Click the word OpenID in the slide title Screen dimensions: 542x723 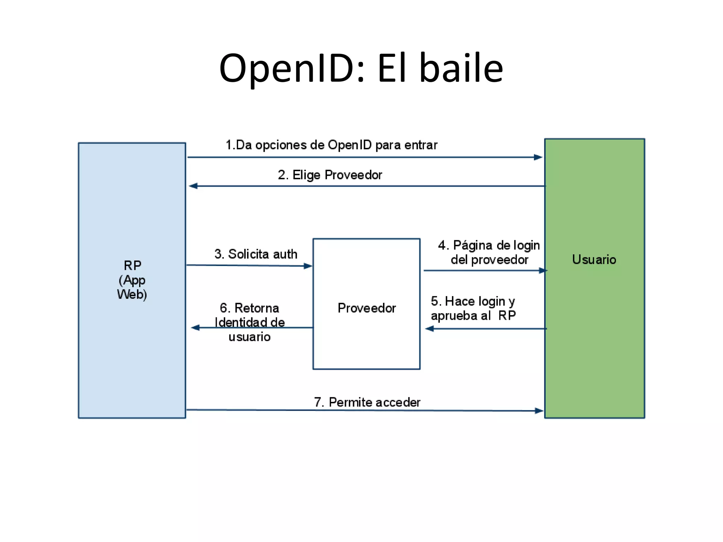286,68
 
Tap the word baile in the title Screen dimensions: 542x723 461,68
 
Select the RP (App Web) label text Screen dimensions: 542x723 132,280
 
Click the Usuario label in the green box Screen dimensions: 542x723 594,260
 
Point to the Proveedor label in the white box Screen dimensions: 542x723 366,308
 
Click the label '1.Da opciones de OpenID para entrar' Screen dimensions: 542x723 331,145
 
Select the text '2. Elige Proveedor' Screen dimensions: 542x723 330,175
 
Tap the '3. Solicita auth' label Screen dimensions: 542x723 256,254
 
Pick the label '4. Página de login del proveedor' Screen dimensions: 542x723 489,252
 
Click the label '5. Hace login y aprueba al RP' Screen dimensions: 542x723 473,308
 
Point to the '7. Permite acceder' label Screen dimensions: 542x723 367,402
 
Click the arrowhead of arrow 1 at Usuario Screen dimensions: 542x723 538,157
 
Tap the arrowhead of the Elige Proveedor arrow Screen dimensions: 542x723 193,186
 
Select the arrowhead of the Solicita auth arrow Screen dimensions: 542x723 308,266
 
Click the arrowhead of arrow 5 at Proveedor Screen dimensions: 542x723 429,329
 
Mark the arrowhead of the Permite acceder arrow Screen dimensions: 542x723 539,411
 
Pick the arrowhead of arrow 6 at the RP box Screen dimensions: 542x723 195,328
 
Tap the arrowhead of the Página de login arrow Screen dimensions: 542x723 543,271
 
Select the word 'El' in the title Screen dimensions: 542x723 392,68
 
